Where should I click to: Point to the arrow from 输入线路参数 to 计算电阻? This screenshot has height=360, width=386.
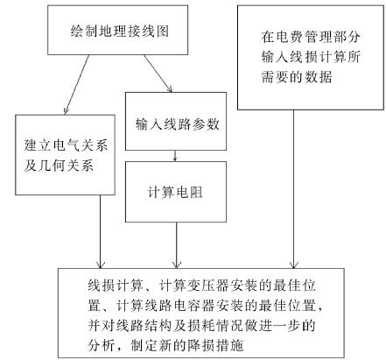click(175, 156)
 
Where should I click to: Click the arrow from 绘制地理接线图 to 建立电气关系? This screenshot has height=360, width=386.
click(76, 85)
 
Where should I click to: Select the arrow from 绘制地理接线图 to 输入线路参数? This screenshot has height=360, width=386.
click(158, 74)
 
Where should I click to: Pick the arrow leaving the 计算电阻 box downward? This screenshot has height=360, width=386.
click(176, 245)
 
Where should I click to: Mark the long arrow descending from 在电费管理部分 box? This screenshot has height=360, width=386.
click(293, 189)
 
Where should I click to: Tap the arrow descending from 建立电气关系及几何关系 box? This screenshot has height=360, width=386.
click(101, 231)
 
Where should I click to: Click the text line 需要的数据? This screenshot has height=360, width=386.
click(297, 77)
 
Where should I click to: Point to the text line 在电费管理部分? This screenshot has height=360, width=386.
click(311, 37)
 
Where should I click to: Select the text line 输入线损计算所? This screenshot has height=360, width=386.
click(311, 57)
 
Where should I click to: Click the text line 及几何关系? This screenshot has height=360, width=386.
click(59, 166)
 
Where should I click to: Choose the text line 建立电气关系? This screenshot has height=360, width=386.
click(66, 145)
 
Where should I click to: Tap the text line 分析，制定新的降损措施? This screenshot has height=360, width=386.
click(165, 345)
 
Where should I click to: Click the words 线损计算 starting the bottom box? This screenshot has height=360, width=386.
click(116, 286)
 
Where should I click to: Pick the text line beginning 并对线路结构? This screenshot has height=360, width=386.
click(201, 326)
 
